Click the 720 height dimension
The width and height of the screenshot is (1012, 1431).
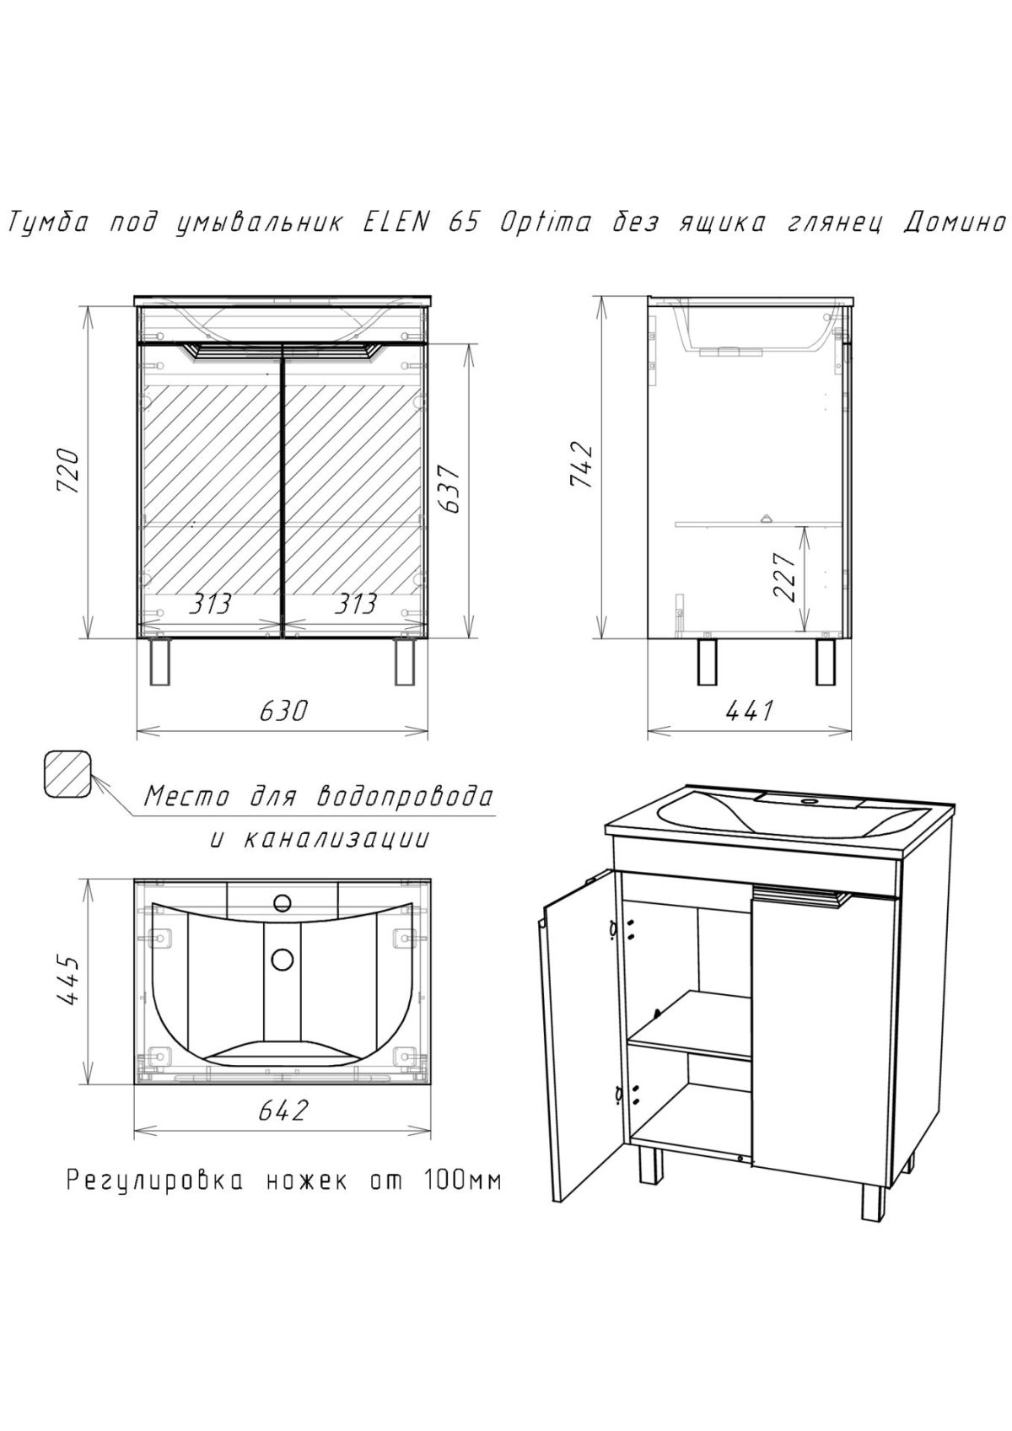pyautogui.click(x=72, y=472)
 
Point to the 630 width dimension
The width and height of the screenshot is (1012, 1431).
pyautogui.click(x=282, y=711)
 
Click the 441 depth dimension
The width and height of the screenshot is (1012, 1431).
pyautogui.click(x=749, y=711)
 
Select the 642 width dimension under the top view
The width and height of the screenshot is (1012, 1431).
pyautogui.click(x=282, y=1111)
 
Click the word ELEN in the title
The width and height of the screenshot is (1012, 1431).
pyautogui.click(x=396, y=223)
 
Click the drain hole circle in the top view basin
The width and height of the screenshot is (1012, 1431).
pyautogui.click(x=282, y=959)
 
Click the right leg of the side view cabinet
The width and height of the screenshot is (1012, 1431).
pyautogui.click(x=825, y=662)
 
